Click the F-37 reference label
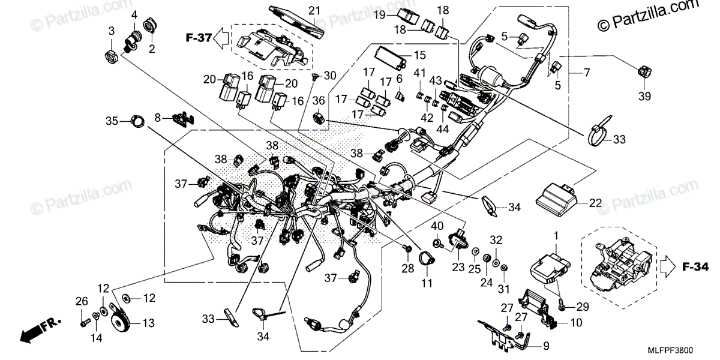coord(199,38)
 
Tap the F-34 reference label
coord(695,267)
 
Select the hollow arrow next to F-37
coord(221,38)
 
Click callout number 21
coord(314,11)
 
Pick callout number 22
coord(595,203)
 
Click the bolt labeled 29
coord(562,305)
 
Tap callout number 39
coord(644,96)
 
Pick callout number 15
coord(419,55)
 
